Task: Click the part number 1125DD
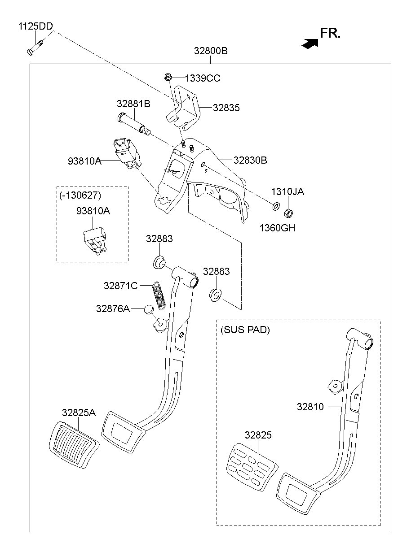[35, 26]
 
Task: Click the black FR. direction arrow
[310, 43]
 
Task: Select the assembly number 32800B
[211, 51]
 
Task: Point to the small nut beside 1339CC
[168, 78]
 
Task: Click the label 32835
[226, 108]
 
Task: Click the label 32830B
[250, 160]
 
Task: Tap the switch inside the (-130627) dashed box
[95, 240]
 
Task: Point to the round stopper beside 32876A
[149, 309]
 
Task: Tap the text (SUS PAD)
[245, 330]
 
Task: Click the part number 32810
[310, 407]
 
